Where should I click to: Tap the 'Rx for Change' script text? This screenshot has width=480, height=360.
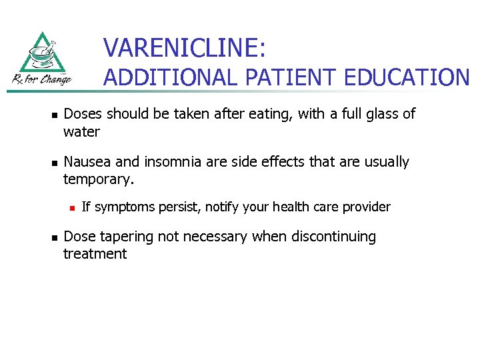pyautogui.click(x=41, y=79)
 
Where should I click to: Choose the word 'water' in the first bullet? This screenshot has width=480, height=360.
pyautogui.click(x=81, y=132)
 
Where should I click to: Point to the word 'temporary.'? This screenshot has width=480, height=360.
pyautogui.click(x=99, y=179)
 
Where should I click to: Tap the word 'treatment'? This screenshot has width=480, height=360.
pyautogui.click(x=95, y=254)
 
